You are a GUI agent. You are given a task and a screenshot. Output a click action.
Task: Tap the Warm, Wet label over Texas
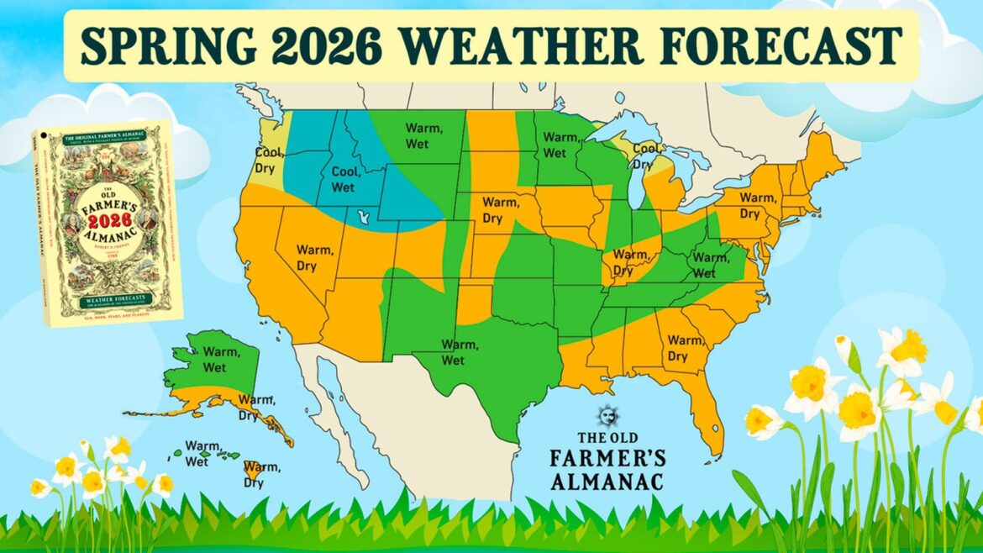454,353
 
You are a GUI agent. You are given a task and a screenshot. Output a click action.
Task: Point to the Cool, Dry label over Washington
270,159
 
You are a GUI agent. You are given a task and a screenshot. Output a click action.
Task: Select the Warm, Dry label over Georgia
684,349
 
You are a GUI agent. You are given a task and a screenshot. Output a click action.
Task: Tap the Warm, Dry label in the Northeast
757,206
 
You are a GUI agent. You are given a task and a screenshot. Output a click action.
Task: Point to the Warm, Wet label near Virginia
711,265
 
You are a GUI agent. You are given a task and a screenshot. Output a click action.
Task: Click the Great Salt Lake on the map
363,218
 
